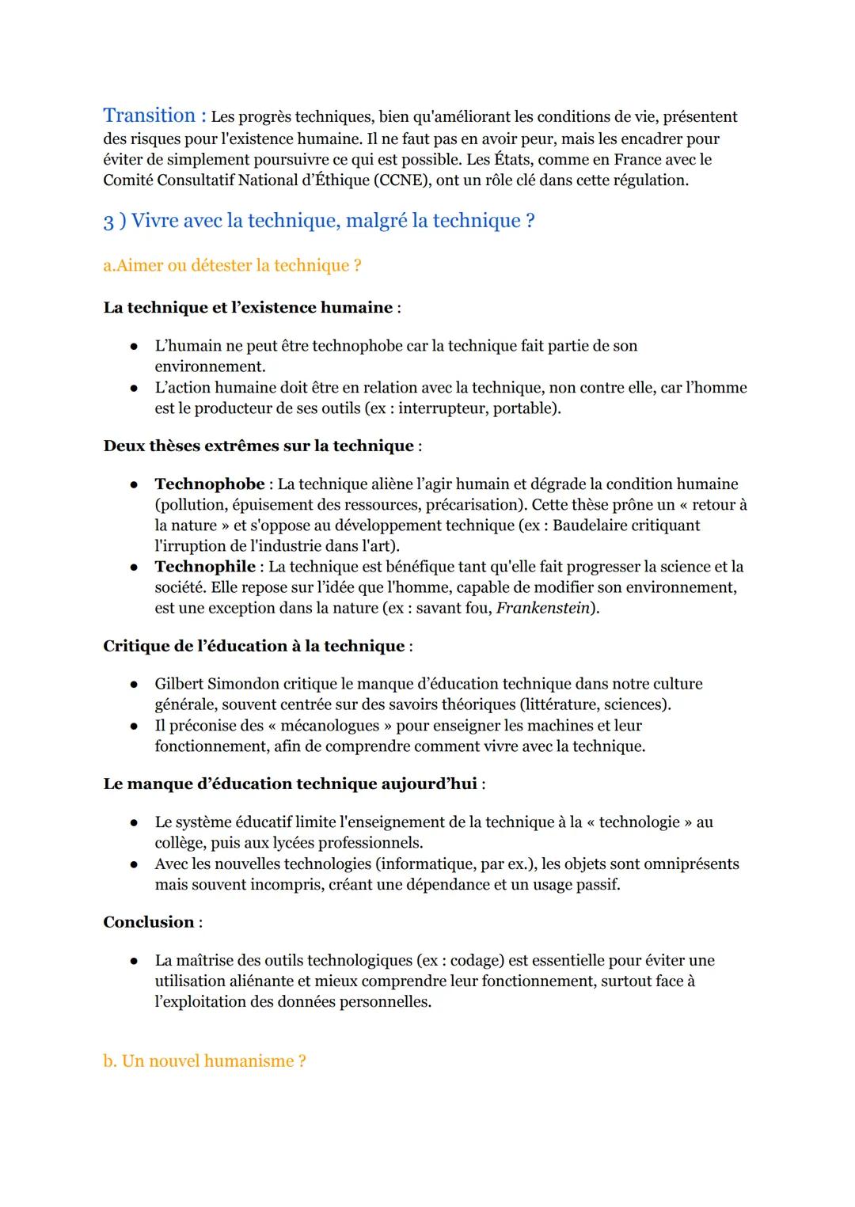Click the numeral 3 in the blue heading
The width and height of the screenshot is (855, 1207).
click(x=108, y=222)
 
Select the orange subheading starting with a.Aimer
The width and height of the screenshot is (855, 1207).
click(x=232, y=266)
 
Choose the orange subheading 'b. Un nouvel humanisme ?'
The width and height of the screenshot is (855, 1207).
click(x=204, y=1061)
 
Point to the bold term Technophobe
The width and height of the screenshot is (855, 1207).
click(x=210, y=484)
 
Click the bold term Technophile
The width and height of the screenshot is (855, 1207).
click(x=205, y=567)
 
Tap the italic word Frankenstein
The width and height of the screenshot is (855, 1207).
click(x=542, y=609)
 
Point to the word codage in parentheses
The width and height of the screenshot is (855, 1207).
click(x=477, y=961)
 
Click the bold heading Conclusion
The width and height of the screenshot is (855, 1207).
click(x=149, y=922)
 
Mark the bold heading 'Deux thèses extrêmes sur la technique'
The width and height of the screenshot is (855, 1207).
click(x=258, y=446)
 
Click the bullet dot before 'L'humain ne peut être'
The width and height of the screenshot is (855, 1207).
click(x=135, y=347)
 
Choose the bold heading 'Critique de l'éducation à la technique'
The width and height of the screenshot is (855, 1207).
click(x=253, y=646)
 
